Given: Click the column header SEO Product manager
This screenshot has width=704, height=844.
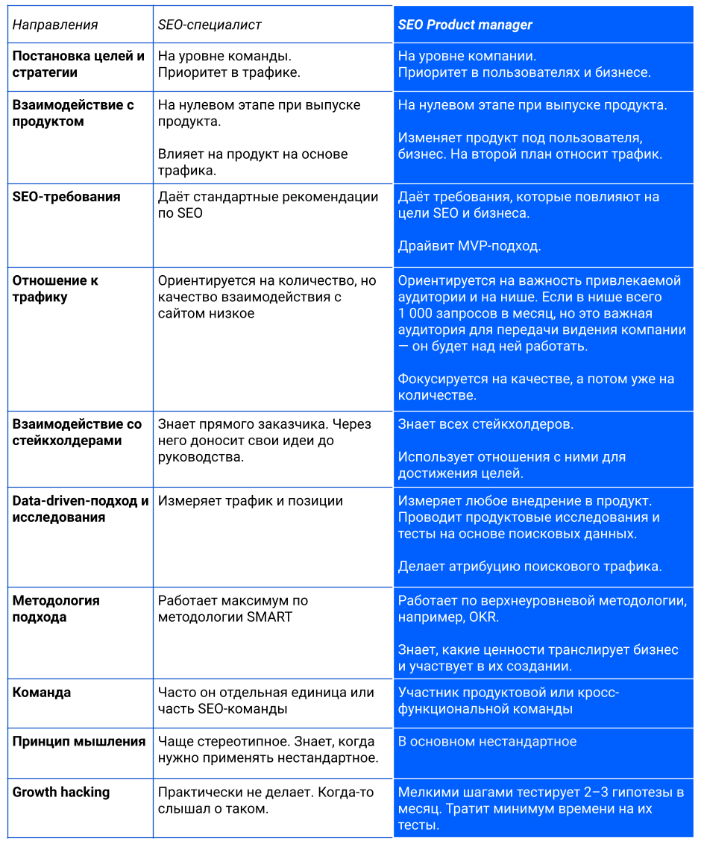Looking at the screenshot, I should pos(465,25).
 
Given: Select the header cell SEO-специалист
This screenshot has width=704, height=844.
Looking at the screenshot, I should pos(210,25).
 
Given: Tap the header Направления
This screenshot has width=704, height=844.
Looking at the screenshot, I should pos(55,25).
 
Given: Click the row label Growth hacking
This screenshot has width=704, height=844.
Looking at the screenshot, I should pos(61,792).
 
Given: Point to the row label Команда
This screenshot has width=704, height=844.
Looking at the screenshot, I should pos(42,692).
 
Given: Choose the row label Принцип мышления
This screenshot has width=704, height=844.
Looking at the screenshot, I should pos(79,741).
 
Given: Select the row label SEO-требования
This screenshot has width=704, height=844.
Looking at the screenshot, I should pos(66,197).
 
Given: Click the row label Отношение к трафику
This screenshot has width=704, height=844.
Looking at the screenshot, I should pos(55,289).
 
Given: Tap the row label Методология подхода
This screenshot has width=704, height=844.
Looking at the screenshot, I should pos(56,608).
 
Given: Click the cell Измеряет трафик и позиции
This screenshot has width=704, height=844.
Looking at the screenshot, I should pos(251,501).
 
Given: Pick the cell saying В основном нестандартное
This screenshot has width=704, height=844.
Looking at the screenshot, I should pos(487,741).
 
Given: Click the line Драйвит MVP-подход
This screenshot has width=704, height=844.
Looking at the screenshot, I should pos(469,246).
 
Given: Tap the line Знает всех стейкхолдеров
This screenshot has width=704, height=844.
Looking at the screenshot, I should pos(485,424).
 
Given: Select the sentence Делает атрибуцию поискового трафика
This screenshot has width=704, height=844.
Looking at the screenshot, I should pos(529,567).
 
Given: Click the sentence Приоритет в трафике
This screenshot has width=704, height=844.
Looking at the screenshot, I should pos(229,72).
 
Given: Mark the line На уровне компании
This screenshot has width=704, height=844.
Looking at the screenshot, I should pos(467,56).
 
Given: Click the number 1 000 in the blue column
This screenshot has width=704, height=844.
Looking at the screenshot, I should pos(419,313).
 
